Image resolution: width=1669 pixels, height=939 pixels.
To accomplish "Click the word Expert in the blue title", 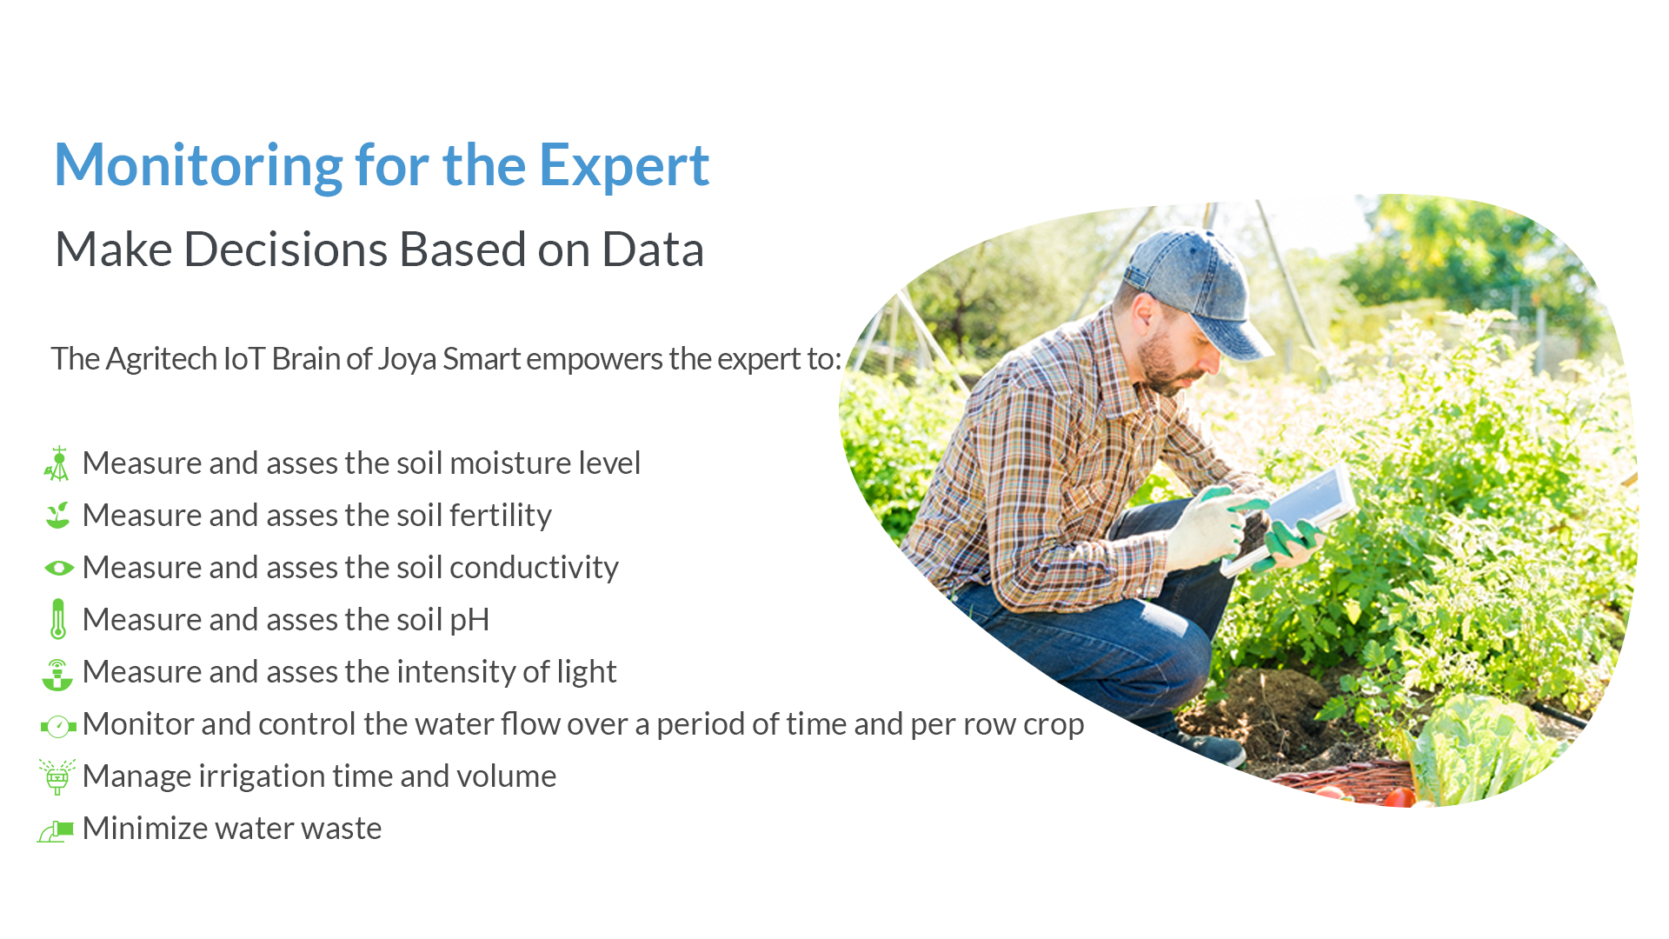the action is point(624,165).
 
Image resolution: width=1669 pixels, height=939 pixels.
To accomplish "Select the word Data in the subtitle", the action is point(653,250).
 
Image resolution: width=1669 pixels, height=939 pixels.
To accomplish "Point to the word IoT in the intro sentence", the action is point(244,358).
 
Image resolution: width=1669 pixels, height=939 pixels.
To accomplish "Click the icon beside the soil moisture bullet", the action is point(57,463).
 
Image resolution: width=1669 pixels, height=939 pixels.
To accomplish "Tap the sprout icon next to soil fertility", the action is point(58,515).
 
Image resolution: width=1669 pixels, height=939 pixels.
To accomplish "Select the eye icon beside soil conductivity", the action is point(59,568).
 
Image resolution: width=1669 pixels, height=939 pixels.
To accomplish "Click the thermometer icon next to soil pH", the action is point(58,619).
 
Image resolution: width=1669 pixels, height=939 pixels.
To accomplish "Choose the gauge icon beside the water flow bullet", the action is point(58,726).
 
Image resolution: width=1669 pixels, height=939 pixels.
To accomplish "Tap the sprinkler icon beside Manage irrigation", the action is point(57,776).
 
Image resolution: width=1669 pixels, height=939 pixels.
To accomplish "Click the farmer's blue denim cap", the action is point(1196,287).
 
